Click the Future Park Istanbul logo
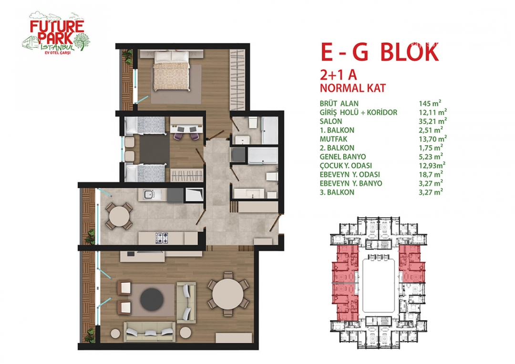tap(56, 33)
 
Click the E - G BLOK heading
tap(380, 52)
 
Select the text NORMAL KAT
tap(353, 88)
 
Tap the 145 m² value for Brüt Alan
tap(430, 103)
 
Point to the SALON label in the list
tap(331, 121)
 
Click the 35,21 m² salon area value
tap(433, 121)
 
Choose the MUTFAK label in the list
tap(333, 139)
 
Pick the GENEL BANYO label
tap(342, 156)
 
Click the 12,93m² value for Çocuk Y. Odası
tap(432, 165)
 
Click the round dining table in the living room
tap(227, 294)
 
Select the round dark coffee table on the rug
tap(152, 299)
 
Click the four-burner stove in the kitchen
tap(161, 238)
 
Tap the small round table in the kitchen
tap(119, 216)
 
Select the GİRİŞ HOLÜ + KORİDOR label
tap(358, 113)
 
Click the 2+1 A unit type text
tap(338, 75)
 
